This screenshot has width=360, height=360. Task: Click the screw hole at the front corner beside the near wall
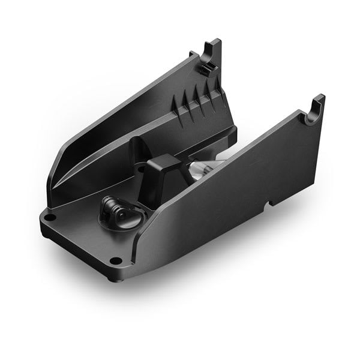pos(115,260)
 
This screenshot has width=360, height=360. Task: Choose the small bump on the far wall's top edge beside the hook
pos(193,55)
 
